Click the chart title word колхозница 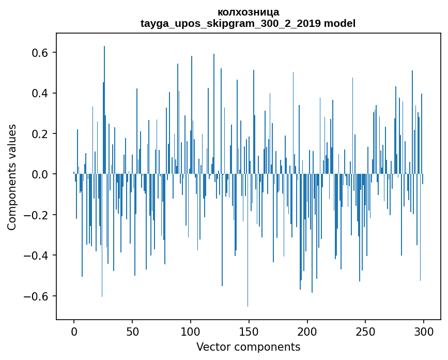[248, 12]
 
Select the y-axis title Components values [12, 177]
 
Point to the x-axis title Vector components [248, 347]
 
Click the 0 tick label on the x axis [74, 331]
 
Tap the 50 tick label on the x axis [132, 331]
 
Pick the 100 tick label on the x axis [191, 331]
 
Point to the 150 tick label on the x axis [249, 331]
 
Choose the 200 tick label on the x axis [307, 331]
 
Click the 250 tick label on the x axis [366, 331]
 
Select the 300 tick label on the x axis [424, 331]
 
